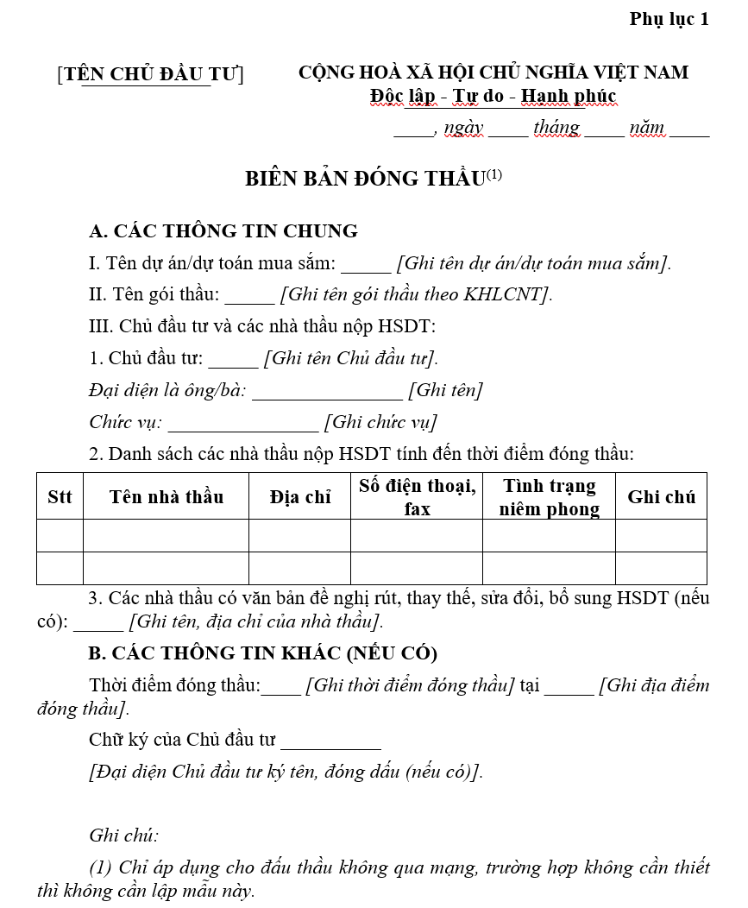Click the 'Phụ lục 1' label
tap(669, 19)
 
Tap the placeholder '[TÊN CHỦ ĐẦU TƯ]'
tap(150, 74)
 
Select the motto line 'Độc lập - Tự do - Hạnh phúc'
tap(493, 96)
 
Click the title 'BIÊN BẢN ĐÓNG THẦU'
tap(365, 179)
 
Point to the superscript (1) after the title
tap(493, 174)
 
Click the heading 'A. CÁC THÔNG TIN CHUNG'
tap(223, 231)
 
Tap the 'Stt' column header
tap(60, 496)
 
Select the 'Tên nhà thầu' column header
tap(166, 496)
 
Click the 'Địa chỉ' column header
tap(299, 496)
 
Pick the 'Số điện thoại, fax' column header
tap(417, 497)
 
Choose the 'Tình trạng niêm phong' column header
tap(549, 497)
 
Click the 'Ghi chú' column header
tap(661, 496)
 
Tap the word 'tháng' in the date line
tap(556, 128)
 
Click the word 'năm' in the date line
tap(646, 128)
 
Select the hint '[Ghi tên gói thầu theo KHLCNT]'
tap(416, 294)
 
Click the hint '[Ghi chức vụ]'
tap(380, 422)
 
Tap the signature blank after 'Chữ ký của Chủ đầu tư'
tap(330, 743)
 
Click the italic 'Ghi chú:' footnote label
tap(123, 835)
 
